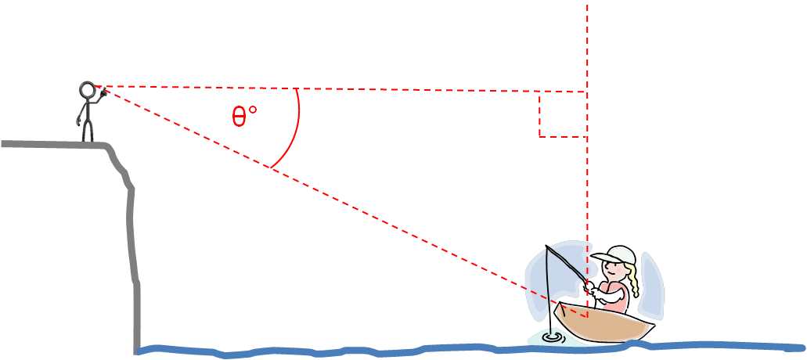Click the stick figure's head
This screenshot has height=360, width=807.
point(87,90)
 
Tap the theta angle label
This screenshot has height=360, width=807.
point(244,117)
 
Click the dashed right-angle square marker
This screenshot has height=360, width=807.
point(563,114)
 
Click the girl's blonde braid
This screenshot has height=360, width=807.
point(633,280)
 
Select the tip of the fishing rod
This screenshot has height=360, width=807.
point(546,247)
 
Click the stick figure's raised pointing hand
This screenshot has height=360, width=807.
point(103,92)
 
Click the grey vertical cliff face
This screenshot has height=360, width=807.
point(133,247)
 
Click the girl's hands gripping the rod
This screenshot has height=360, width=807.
point(591,288)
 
